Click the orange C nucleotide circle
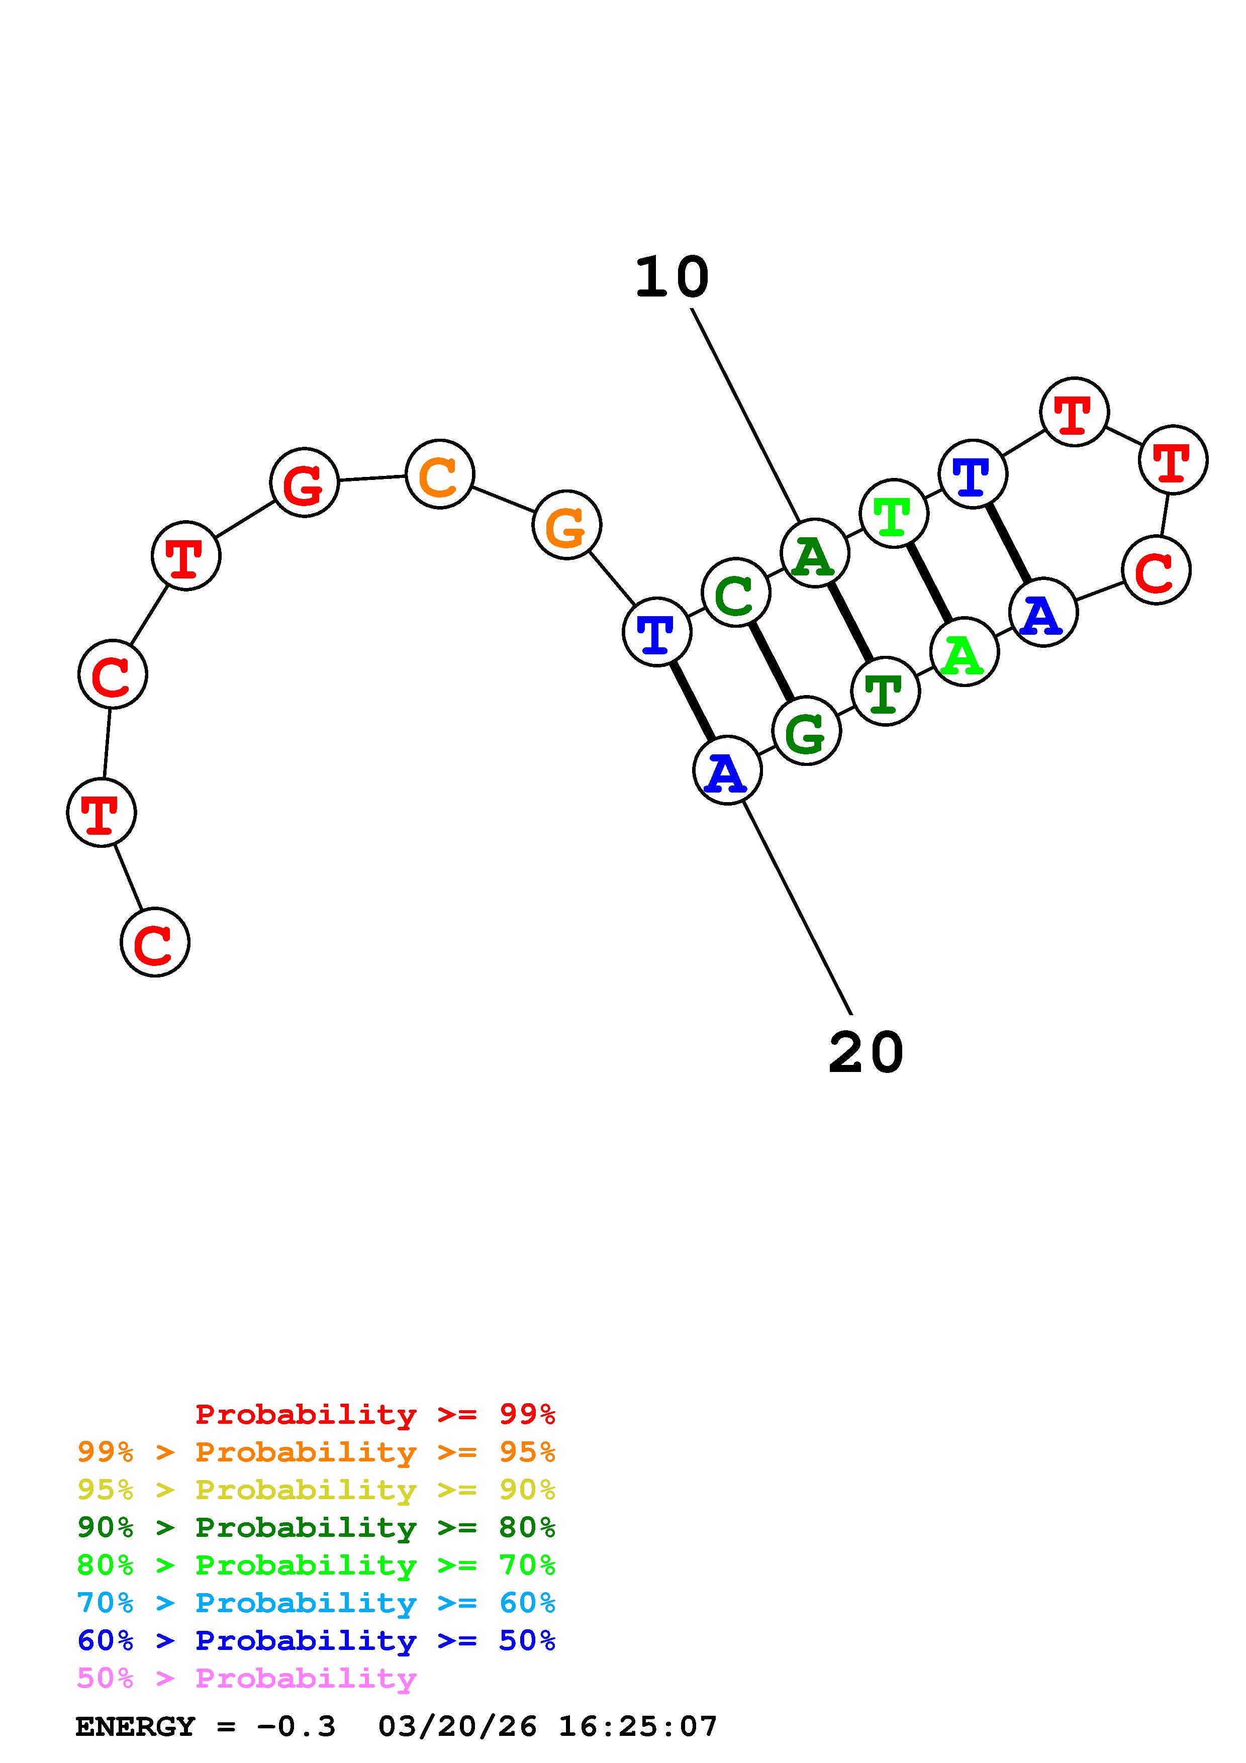coord(439,474)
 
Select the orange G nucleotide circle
coord(566,525)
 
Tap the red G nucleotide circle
coord(304,482)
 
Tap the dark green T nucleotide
coord(885,691)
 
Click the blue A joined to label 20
coord(726,769)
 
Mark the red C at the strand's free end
coord(155,942)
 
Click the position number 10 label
coord(672,278)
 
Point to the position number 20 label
coord(866,1053)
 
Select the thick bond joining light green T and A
coord(929,583)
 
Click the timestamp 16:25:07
coord(637,1727)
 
